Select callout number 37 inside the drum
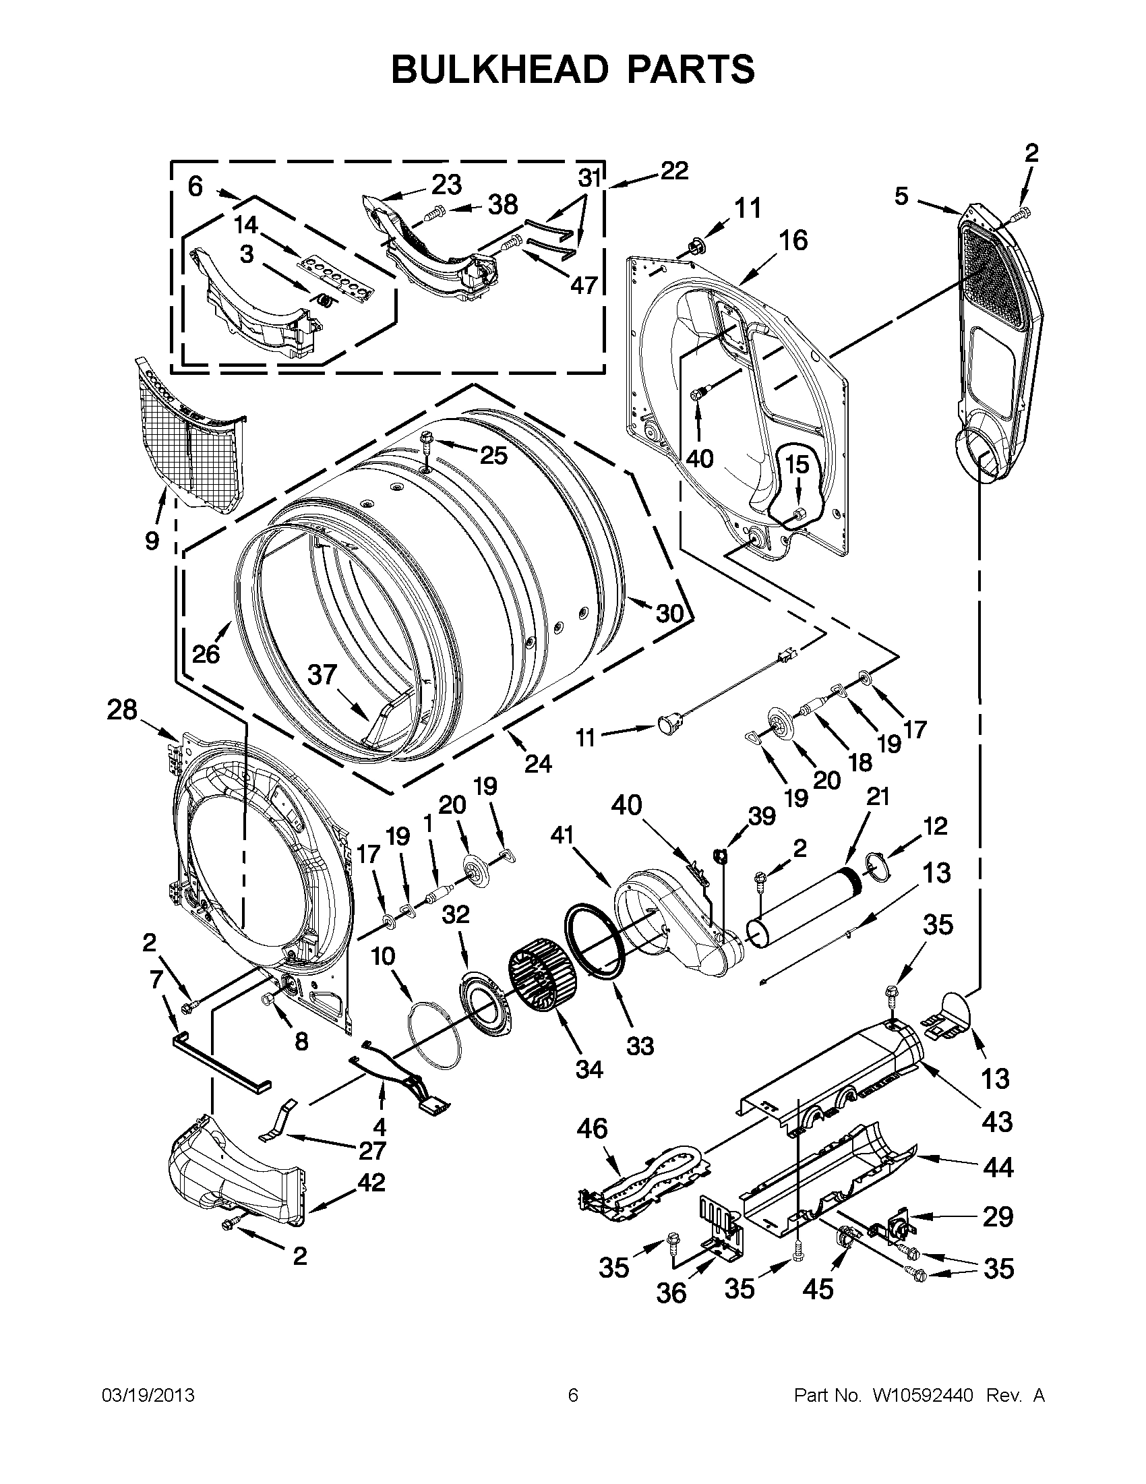(x=323, y=675)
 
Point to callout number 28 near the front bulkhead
(x=122, y=711)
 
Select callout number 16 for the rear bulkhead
(x=793, y=241)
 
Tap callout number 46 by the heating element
(x=592, y=1129)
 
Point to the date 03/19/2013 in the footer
(x=148, y=1396)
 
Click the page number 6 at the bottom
(x=572, y=1396)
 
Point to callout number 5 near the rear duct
(x=901, y=197)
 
